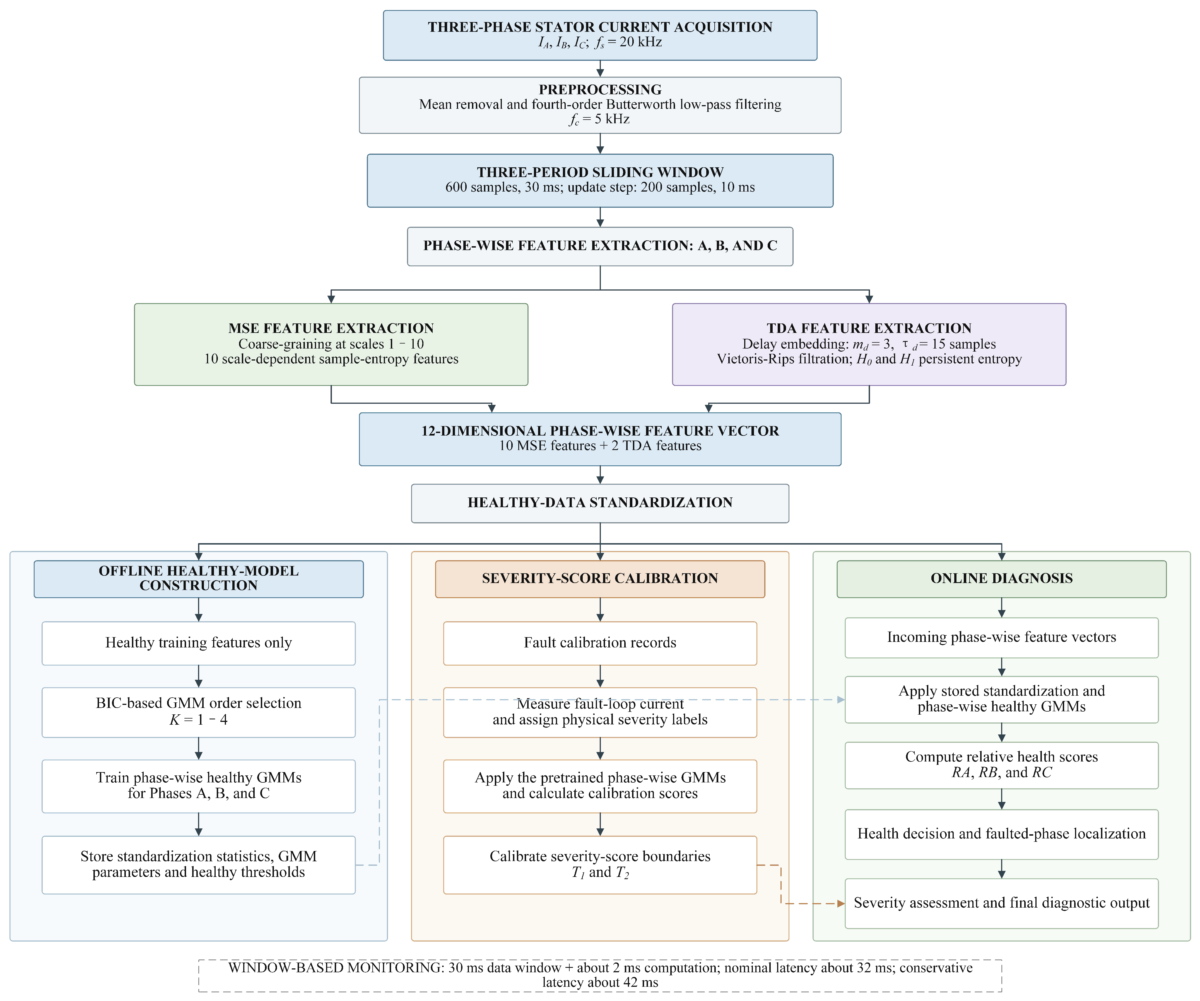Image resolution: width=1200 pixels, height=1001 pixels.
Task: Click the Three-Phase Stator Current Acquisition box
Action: pos(600,35)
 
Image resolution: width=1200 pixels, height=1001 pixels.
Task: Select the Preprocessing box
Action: pos(600,105)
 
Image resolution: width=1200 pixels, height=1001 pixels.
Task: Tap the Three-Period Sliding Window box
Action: pos(600,181)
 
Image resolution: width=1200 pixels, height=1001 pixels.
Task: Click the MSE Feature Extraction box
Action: pos(331,345)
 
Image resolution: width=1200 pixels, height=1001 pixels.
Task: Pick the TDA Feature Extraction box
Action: pos(869,345)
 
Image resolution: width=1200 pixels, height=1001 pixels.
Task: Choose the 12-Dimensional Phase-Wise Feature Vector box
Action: pos(600,439)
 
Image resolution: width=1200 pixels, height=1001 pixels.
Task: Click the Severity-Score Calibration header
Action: pos(600,579)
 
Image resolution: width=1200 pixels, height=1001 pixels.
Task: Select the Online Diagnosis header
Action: pos(1002,579)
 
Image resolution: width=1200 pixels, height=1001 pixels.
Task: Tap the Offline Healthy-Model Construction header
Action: pos(198,579)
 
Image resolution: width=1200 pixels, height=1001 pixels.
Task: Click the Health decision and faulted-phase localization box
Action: pos(1002,834)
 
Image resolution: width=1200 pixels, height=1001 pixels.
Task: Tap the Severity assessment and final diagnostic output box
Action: pos(1002,903)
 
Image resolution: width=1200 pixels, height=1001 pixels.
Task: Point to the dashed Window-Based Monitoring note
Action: pos(600,975)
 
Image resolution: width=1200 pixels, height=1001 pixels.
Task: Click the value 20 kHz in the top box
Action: pos(640,42)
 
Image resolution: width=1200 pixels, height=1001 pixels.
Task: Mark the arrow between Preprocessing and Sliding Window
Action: pos(600,143)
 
